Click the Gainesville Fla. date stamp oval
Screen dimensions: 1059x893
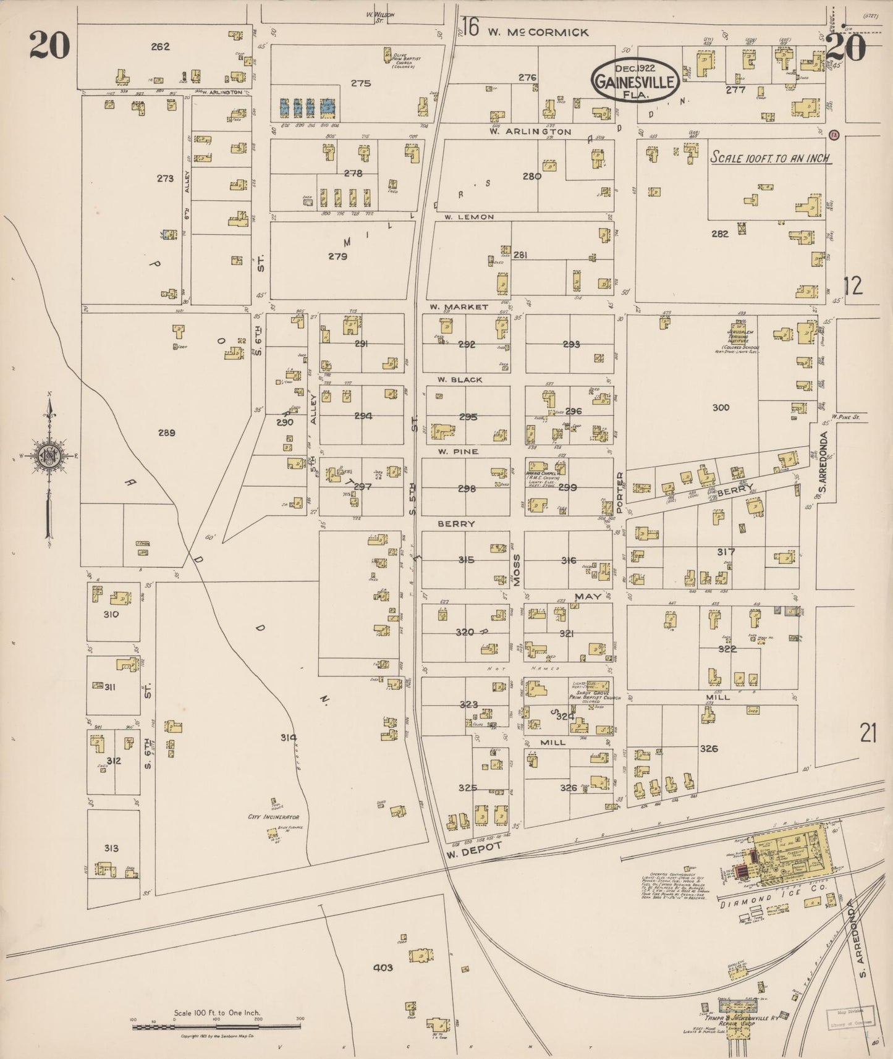[636, 80]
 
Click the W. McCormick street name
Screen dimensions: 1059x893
[538, 32]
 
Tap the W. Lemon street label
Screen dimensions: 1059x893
[469, 217]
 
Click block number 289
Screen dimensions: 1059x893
[166, 432]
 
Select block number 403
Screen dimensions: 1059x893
[383, 967]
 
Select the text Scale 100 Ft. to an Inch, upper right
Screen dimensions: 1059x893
[770, 158]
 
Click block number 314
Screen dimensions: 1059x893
[288, 737]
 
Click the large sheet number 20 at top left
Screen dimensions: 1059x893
[49, 46]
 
